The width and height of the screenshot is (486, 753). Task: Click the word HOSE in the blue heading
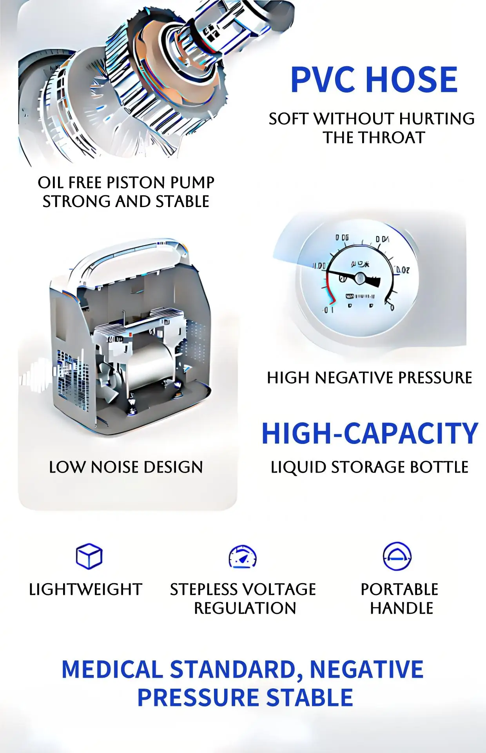412,80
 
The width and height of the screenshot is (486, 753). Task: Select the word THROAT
392,138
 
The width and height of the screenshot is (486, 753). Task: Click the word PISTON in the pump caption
131,183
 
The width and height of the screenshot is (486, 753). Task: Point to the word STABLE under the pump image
183,202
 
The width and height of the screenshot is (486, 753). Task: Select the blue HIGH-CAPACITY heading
370,434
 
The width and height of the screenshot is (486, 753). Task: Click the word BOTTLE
439,467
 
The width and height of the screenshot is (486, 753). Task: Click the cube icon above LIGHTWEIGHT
89,556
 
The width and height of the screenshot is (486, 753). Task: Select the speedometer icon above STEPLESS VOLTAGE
243,557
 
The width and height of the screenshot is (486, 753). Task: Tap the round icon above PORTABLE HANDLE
397,556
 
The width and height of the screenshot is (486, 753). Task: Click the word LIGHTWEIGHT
85,589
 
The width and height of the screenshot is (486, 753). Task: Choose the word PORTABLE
399,589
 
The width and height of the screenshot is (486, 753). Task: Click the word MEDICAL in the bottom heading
112,669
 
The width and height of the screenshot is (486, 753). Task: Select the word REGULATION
245,608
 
